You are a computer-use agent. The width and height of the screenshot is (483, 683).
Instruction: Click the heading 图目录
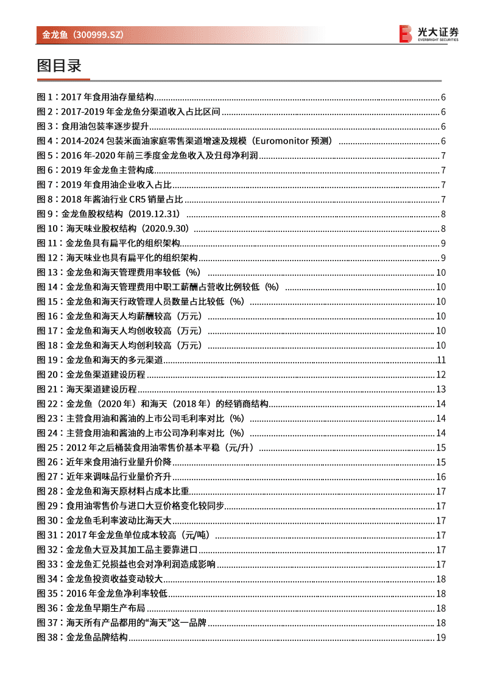point(59,66)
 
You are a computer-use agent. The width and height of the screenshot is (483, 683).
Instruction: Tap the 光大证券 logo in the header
point(429,34)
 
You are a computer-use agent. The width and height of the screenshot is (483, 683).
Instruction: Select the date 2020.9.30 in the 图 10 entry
point(164,229)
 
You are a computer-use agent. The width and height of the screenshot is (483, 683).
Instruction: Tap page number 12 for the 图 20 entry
point(442,374)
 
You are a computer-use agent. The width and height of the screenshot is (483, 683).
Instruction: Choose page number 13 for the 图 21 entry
point(442,389)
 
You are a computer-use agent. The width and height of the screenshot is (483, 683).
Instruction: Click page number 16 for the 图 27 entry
point(442,477)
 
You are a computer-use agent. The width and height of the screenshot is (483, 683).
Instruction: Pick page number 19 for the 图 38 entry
point(442,637)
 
